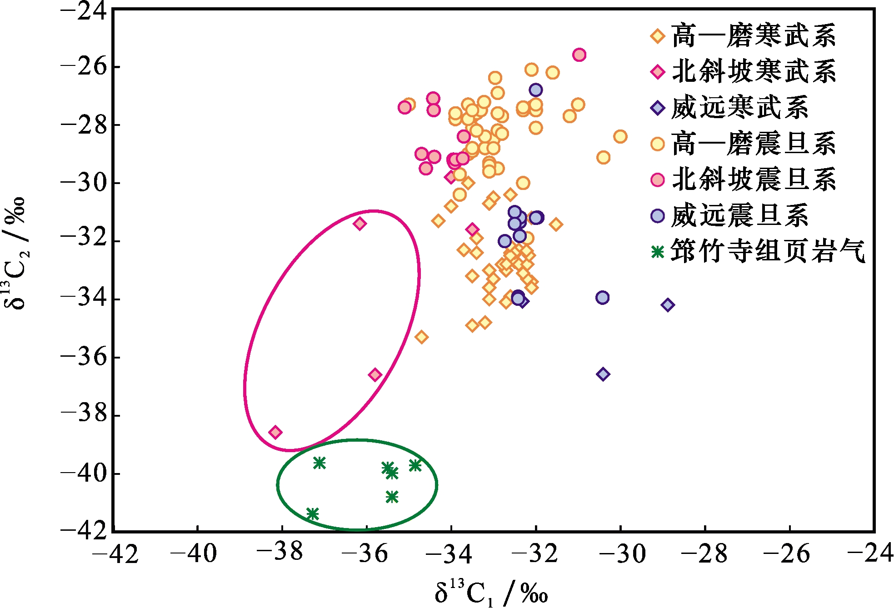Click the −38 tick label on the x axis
click(x=280, y=553)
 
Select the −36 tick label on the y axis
click(x=84, y=357)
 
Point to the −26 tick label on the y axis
click(x=84, y=67)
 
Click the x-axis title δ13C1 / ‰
click(x=491, y=593)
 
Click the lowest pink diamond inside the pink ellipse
click(x=275, y=432)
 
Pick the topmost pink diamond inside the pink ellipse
click(x=360, y=224)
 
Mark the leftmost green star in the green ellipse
click(x=312, y=514)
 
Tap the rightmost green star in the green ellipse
click(x=415, y=465)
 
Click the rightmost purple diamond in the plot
click(x=668, y=305)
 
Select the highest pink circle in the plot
click(x=579, y=55)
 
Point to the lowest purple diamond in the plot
click(x=603, y=374)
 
